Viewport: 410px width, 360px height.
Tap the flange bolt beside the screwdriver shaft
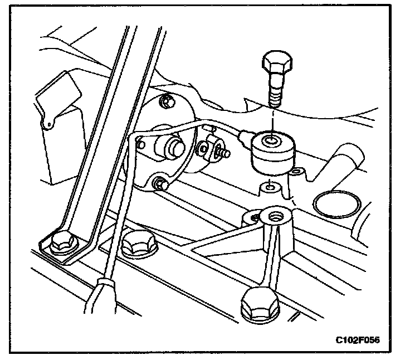[139, 242]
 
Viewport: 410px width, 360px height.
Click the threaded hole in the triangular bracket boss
[274, 214]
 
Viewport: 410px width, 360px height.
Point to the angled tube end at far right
[350, 153]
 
